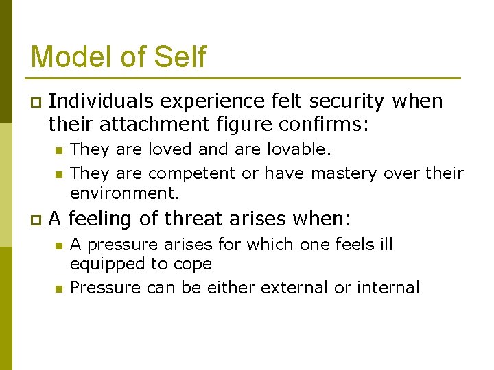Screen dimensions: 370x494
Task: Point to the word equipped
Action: [105, 264]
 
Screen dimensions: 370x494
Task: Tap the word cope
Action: [195, 264]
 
